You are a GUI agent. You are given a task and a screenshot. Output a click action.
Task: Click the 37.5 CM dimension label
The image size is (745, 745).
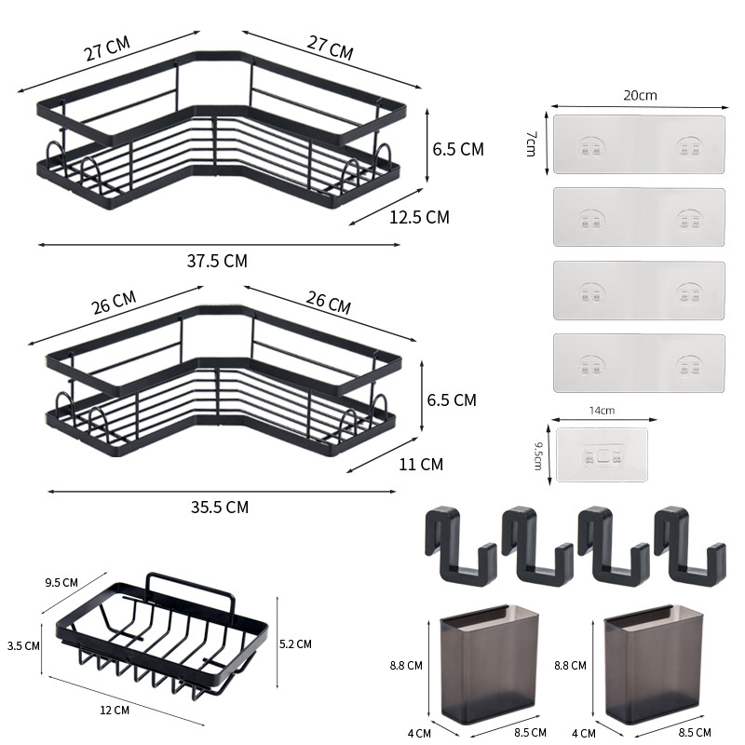tap(217, 261)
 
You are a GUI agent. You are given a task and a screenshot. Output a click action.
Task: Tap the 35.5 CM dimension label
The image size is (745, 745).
tap(220, 507)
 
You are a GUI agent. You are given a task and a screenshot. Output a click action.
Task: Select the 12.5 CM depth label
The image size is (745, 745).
tap(420, 217)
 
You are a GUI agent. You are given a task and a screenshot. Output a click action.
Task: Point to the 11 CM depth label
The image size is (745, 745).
tap(421, 464)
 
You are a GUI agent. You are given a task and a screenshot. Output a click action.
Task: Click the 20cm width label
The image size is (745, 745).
tap(640, 96)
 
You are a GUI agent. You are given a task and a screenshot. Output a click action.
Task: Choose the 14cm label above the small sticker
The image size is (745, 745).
tap(602, 411)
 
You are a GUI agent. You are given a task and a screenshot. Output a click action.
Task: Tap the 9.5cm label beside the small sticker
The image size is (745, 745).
tap(538, 455)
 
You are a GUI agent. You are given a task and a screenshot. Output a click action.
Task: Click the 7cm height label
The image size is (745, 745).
tap(531, 144)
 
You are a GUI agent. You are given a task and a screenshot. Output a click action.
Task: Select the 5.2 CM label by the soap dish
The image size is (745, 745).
tap(295, 643)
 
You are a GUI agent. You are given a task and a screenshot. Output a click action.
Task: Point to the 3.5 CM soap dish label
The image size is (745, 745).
tap(23, 645)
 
